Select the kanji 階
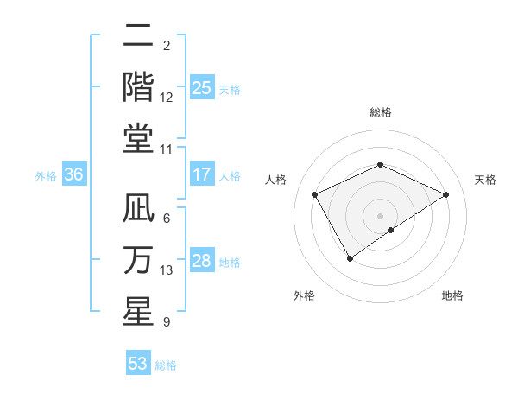tap(138, 87)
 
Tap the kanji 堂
tap(138, 138)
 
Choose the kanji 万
tap(138, 260)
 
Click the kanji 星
tap(138, 312)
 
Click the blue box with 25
tap(202, 88)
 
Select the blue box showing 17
tap(202, 174)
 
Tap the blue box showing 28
tap(202, 261)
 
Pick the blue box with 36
tap(73, 174)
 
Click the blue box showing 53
tap(138, 364)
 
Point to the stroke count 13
tap(167, 270)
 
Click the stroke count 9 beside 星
tap(166, 322)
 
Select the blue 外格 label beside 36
tap(46, 175)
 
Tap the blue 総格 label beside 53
tap(166, 365)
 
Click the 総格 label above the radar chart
tap(380, 112)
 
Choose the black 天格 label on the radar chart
tap(485, 180)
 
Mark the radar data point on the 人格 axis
tap(314, 194)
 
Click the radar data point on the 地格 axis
tap(391, 230)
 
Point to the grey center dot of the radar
tap(380, 215)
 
